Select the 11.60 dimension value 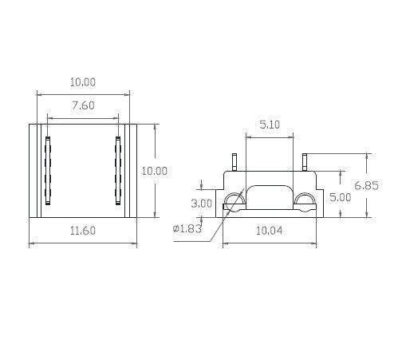click(83, 231)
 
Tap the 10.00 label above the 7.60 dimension click(83, 82)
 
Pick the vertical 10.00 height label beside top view click(154, 171)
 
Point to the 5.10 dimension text click(269, 125)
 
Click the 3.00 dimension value click(203, 204)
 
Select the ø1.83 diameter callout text click(187, 230)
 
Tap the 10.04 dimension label click(271, 231)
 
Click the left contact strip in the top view click(48, 171)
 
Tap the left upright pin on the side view click(235, 162)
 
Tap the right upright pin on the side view click(306, 161)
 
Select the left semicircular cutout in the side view click(235, 201)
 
